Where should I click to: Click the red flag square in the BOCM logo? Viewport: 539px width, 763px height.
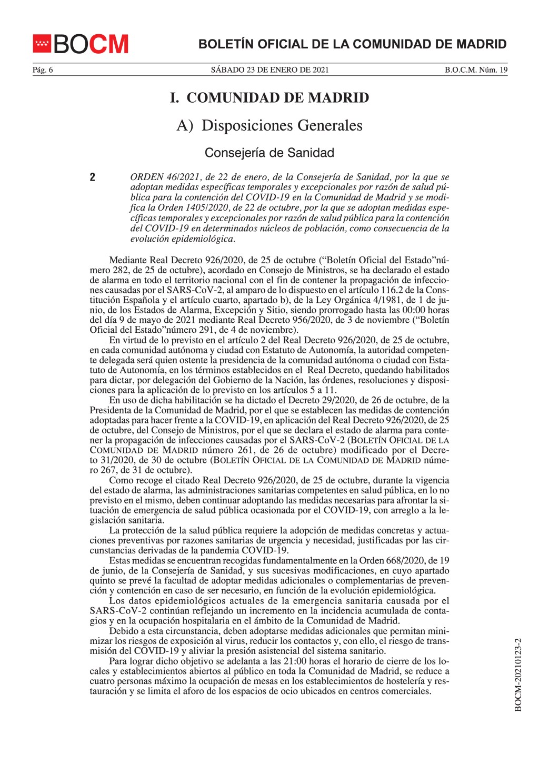click(x=42, y=44)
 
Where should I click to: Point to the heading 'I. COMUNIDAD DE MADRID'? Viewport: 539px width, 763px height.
click(x=269, y=98)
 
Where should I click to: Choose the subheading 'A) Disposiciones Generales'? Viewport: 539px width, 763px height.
click(x=269, y=126)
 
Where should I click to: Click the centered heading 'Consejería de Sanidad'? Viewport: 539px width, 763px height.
click(x=269, y=153)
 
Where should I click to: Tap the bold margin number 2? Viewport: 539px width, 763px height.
click(x=93, y=177)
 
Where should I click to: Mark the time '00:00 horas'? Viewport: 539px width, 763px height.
click(x=426, y=311)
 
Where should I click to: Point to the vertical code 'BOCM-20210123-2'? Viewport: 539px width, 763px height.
click(x=518, y=676)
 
